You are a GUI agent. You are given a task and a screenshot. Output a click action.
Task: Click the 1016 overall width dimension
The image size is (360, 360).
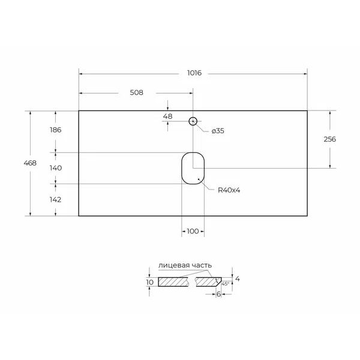[193, 73]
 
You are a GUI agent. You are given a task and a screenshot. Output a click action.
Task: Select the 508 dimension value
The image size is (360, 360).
[136, 93]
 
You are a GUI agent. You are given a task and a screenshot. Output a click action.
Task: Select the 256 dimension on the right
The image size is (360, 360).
[329, 139]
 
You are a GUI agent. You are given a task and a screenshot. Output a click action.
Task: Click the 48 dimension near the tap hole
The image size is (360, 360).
[167, 116]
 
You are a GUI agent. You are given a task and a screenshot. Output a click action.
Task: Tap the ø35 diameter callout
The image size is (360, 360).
[217, 131]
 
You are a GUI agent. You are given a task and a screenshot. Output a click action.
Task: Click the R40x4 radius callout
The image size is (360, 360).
[229, 190]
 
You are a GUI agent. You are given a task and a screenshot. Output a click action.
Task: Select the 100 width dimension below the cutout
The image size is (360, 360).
[193, 231]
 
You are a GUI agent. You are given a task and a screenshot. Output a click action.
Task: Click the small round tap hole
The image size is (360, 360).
[193, 121]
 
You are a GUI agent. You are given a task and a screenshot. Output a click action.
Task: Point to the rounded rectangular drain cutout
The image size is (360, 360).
[193, 167]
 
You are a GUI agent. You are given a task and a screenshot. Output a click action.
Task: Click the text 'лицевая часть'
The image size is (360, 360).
[185, 265]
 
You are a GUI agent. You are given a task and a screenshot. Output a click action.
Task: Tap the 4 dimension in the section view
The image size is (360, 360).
[238, 278]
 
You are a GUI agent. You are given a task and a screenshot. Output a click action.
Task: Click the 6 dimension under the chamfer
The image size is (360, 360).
[220, 293]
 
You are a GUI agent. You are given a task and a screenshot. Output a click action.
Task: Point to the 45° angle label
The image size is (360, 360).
[226, 283]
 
